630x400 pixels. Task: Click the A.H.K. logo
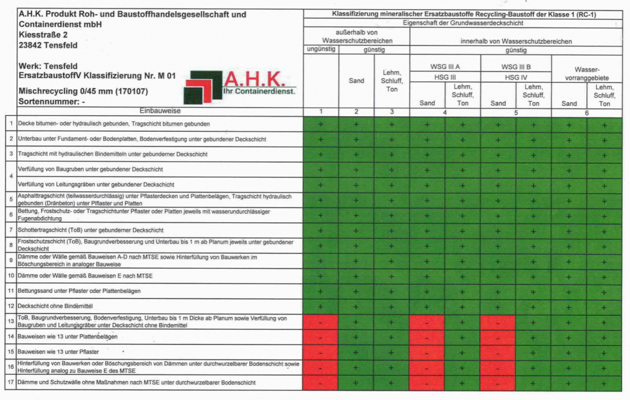click(240, 87)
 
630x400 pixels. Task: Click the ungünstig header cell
click(320, 49)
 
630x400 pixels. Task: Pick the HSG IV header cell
click(516, 78)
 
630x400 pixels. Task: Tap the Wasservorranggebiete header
click(586, 74)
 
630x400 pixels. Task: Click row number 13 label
click(10, 321)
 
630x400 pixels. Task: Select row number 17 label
click(10, 383)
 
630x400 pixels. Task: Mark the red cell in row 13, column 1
click(320, 322)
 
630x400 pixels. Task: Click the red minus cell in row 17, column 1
click(320, 383)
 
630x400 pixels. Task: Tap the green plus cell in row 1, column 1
click(320, 124)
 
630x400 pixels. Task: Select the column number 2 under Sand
click(356, 112)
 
